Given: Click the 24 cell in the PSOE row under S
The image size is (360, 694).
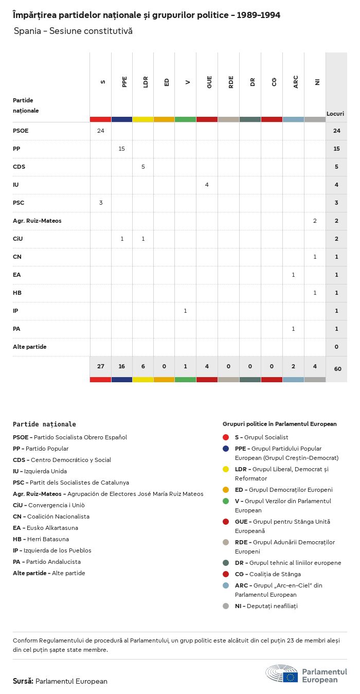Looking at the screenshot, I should (x=100, y=131).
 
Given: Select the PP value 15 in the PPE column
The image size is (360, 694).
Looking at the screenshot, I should (x=122, y=149).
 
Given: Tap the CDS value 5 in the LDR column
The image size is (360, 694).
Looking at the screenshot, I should (x=143, y=167).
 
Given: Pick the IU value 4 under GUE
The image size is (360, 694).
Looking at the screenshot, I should (x=207, y=185).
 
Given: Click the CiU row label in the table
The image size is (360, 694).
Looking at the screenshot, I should (x=17, y=239).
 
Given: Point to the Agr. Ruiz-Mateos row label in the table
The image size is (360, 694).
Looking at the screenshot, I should (x=37, y=221).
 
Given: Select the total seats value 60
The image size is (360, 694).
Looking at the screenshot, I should (x=337, y=369).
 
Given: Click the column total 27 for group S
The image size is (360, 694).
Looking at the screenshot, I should (x=100, y=366).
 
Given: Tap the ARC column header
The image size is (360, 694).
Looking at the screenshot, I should (x=296, y=82).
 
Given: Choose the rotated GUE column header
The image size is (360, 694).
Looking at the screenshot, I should (x=209, y=82).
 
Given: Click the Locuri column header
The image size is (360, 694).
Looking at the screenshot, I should (x=335, y=113).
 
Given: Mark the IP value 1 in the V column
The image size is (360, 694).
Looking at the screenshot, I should (x=185, y=311).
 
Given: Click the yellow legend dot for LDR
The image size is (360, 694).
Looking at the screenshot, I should (x=226, y=469).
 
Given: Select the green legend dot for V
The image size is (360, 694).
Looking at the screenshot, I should (x=226, y=501).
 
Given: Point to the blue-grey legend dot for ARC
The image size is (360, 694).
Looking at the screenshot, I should (x=226, y=585).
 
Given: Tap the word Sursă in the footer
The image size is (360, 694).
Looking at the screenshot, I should (x=23, y=681).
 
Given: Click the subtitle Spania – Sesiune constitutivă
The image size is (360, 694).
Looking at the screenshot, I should (x=73, y=31).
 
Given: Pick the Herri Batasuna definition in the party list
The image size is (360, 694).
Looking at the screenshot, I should (x=41, y=539).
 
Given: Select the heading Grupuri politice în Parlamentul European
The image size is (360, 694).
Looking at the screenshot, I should (x=279, y=424).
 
